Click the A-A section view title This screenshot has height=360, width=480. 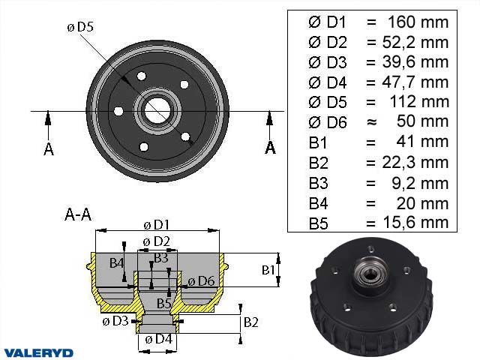click(x=78, y=214)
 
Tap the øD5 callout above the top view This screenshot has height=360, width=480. click(x=79, y=28)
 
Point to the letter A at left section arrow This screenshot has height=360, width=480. click(x=49, y=148)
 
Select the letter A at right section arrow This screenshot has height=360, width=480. click(x=270, y=148)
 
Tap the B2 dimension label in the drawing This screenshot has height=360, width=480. click(x=252, y=322)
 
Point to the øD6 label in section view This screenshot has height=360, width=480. click(x=201, y=281)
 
